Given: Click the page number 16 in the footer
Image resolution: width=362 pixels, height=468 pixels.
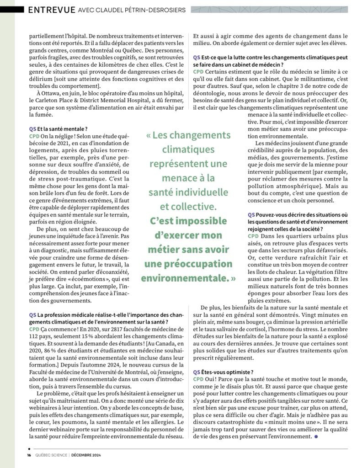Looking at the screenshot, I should pos(29,455).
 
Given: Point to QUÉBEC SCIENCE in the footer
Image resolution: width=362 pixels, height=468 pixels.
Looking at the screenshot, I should pos(50,455).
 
